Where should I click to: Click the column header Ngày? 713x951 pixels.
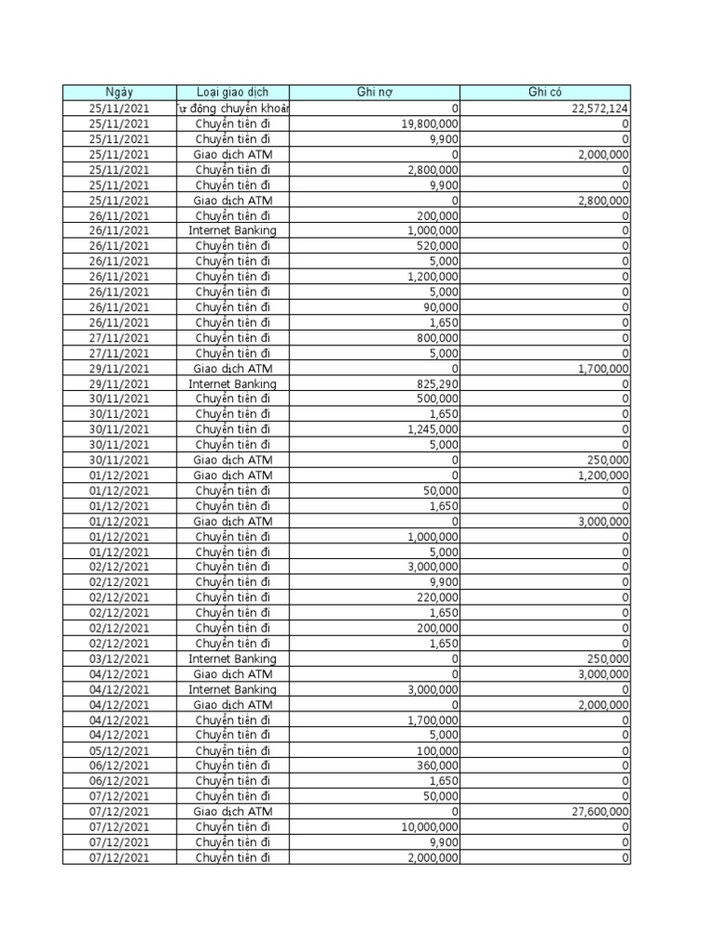(119, 92)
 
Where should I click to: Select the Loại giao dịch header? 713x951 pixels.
(232, 92)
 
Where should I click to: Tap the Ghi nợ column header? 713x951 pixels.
(374, 92)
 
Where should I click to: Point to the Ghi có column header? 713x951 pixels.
(545, 92)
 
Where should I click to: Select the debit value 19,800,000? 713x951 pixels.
(426, 123)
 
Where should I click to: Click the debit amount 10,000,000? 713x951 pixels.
(426, 827)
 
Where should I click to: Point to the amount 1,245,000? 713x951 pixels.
(431, 429)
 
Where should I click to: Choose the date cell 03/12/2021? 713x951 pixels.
(119, 658)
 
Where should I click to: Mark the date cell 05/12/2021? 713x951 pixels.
(119, 750)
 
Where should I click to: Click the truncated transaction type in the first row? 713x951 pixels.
(232, 108)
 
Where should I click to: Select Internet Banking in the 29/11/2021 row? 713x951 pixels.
(232, 384)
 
